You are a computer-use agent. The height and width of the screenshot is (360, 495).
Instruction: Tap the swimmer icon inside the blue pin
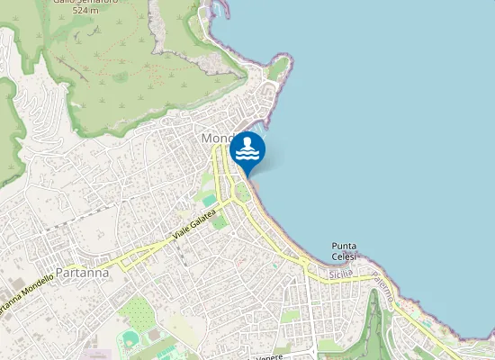pyautogui.click(x=247, y=148)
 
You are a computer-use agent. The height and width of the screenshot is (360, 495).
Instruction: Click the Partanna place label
pyautogui.click(x=83, y=271)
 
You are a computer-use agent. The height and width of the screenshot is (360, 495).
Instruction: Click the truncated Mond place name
pyautogui.click(x=216, y=139)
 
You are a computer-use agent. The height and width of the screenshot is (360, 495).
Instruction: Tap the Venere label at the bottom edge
pyautogui.click(x=269, y=356)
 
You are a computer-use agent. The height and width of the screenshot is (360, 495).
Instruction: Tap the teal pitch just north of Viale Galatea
pyautogui.click(x=209, y=199)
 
